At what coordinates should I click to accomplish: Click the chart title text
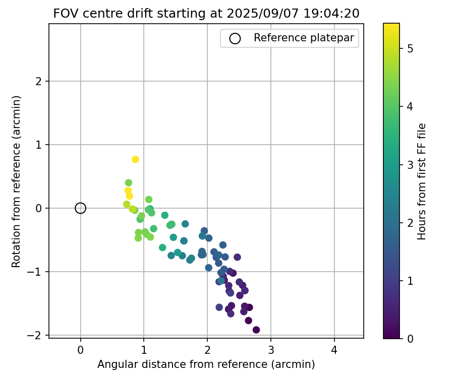pyautogui.click(x=206, y=14)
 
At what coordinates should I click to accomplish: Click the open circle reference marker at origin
pyautogui.click(x=81, y=208)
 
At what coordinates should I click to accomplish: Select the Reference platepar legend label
pyautogui.click(x=304, y=38)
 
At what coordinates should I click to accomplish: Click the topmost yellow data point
pyautogui.click(x=135, y=159)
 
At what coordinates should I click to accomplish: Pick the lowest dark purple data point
pyautogui.click(x=256, y=330)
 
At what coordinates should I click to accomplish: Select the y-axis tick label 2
pyautogui.click(x=40, y=81)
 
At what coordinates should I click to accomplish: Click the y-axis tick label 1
pyautogui.click(x=40, y=145)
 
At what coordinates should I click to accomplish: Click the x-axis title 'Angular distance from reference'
pyautogui.click(x=206, y=364)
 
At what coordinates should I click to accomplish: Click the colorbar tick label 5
pyautogui.click(x=410, y=48)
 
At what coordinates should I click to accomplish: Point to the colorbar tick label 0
pyautogui.click(x=410, y=339)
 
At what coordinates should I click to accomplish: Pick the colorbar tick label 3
pyautogui.click(x=410, y=165)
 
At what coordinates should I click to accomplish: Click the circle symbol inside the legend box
pyautogui.click(x=235, y=38)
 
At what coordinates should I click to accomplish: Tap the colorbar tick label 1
pyautogui.click(x=410, y=281)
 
